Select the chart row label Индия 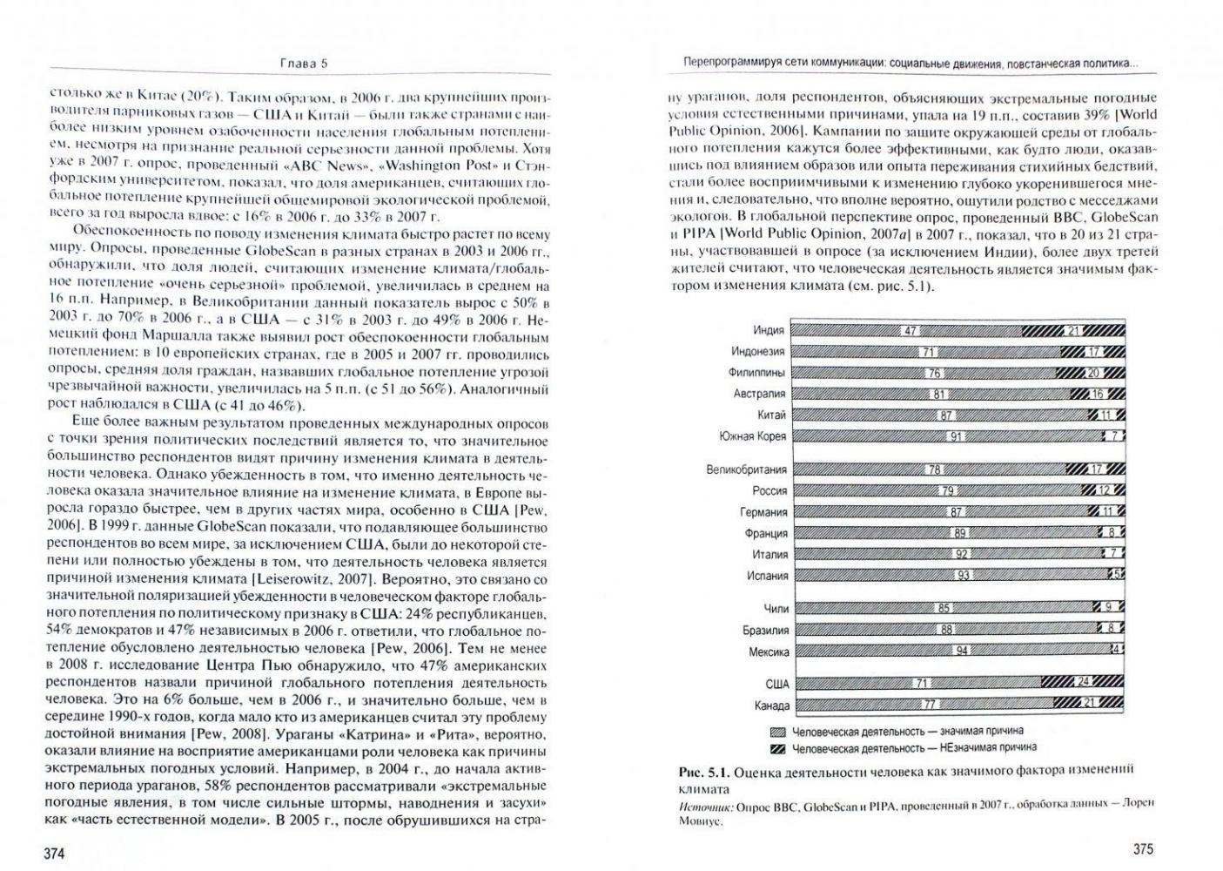coord(769,330)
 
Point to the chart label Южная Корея coord(753,435)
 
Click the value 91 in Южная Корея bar coord(956,436)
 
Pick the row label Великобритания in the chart coord(746,469)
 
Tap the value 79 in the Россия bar coord(947,491)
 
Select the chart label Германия coord(763,512)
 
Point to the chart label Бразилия coord(766,630)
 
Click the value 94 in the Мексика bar coord(962,651)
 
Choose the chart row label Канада coord(771,706)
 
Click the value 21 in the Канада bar coord(1087,705)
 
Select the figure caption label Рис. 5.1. coord(702,773)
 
